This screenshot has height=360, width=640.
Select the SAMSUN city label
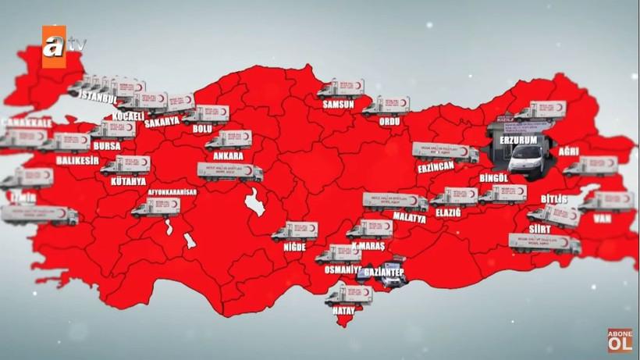336,104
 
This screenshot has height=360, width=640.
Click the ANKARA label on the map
226,155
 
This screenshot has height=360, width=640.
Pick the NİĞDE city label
294,247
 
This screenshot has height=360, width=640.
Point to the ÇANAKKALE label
29,122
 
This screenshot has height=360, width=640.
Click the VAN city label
602,219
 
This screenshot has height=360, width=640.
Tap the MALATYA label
410,218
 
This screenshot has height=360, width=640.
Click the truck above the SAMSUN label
341,87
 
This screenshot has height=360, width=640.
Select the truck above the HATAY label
348,295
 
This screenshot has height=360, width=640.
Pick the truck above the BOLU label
207,113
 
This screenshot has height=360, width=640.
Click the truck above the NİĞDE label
295,230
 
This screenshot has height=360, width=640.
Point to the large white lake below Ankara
254,205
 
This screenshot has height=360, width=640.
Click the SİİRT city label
539,229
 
